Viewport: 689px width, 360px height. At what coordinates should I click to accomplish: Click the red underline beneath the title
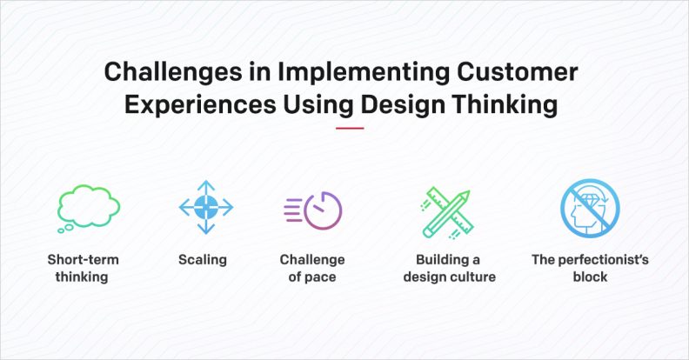coord(349,129)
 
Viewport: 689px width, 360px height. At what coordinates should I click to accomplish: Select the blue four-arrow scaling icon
coord(205,208)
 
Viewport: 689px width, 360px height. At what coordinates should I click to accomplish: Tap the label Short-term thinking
coord(84,268)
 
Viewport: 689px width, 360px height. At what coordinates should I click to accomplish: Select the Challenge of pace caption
coord(312,268)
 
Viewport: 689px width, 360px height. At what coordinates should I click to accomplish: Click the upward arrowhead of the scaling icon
coord(205,185)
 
